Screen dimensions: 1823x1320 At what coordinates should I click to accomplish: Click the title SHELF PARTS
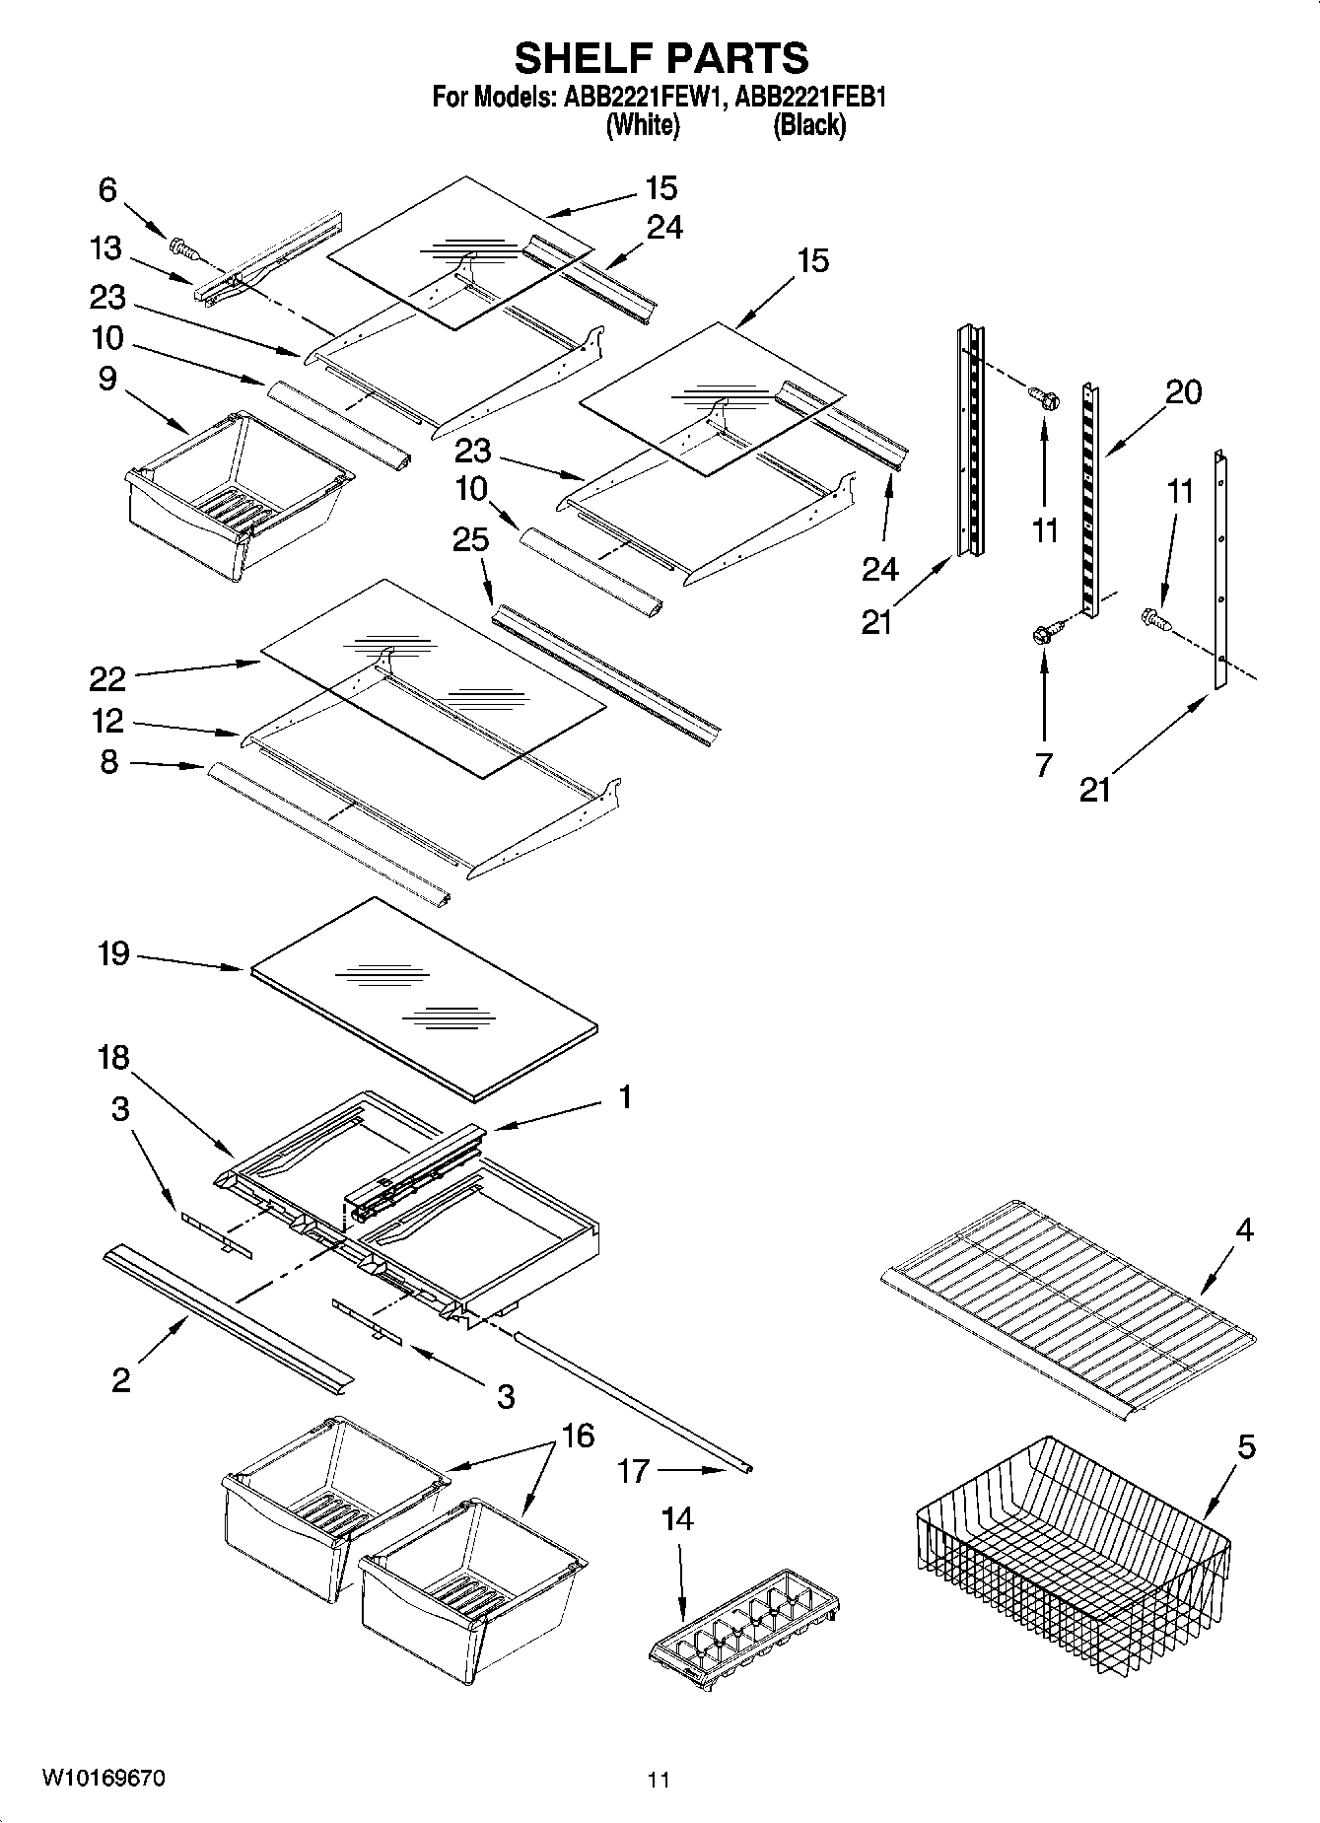pos(661,59)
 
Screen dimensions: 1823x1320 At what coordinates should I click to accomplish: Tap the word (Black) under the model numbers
pos(808,125)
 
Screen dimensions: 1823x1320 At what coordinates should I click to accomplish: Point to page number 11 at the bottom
pos(659,1781)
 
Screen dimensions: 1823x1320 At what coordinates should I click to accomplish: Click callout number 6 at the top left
pos(107,189)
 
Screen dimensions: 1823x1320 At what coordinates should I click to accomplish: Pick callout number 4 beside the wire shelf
pos(1245,1229)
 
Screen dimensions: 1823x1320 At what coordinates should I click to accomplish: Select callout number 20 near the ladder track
pos(1183,392)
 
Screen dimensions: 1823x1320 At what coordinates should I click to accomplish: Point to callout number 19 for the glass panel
pos(113,954)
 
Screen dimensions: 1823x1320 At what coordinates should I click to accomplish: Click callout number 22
pos(107,678)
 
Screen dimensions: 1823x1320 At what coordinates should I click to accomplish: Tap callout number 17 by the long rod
pos(633,1471)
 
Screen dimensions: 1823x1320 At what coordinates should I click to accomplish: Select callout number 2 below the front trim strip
pos(120,1379)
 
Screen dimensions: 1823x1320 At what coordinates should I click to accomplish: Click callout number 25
pos(470,539)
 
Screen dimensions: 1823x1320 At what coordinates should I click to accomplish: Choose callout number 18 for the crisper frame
pos(113,1058)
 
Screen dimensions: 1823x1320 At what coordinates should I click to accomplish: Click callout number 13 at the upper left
pos(105,248)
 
